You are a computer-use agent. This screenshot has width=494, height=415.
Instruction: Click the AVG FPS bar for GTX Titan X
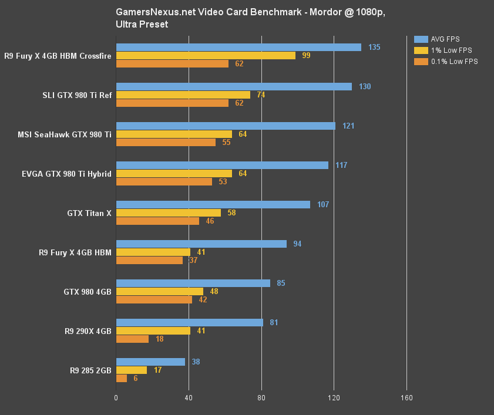point(213,204)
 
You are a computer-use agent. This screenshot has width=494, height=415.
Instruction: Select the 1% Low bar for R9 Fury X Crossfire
point(206,55)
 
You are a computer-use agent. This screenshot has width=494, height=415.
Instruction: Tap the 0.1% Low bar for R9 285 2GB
point(122,379)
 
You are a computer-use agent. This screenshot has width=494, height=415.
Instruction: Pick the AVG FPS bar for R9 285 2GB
point(150,362)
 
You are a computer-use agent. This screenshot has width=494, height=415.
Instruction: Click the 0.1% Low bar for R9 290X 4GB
point(132,339)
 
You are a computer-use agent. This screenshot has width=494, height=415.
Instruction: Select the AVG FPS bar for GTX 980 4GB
point(193,283)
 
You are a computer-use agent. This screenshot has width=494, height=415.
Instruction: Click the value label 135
point(374,47)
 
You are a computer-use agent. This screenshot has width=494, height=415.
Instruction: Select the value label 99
point(306,55)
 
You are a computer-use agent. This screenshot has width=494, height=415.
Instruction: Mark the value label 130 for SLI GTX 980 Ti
point(365,86)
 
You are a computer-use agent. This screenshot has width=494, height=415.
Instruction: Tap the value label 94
point(297,244)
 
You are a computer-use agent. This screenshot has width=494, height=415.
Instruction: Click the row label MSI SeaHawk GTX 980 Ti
point(65,134)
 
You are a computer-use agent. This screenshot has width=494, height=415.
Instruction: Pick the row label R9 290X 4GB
point(88,330)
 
